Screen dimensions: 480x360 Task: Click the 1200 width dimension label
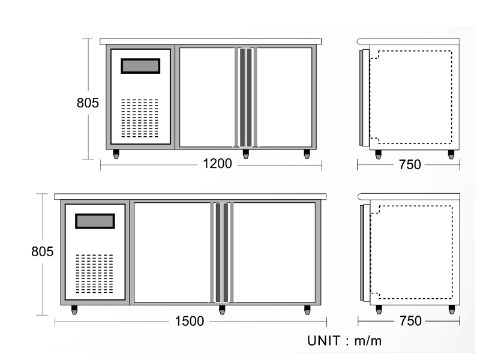[x=217, y=164]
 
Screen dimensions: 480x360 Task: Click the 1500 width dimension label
[x=189, y=321]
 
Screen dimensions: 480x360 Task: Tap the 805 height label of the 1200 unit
[x=88, y=103]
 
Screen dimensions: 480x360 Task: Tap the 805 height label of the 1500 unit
[x=42, y=251]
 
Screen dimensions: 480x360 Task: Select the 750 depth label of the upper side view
[x=410, y=164]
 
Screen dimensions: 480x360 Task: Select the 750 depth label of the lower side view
[x=410, y=321]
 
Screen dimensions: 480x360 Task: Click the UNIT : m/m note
[x=344, y=341]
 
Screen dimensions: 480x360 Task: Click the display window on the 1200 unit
[x=140, y=66]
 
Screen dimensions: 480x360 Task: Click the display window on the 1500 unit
[x=95, y=221]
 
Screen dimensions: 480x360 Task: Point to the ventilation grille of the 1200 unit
[x=140, y=118]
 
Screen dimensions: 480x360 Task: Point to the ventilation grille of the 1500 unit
[x=94, y=274]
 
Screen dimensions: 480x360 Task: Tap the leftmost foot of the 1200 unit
[x=116, y=154]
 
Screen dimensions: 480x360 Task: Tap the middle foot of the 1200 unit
[x=246, y=154]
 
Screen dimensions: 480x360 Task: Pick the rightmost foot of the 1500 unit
[x=307, y=310]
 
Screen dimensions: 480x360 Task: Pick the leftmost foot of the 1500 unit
[x=74, y=310]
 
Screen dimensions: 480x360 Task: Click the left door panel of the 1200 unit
[x=207, y=97]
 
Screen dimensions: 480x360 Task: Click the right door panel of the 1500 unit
[x=274, y=253]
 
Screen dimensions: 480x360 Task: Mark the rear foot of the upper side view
[x=451, y=154]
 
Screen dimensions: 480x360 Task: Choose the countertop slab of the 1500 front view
[x=190, y=197]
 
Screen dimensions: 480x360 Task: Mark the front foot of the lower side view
[x=379, y=310]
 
